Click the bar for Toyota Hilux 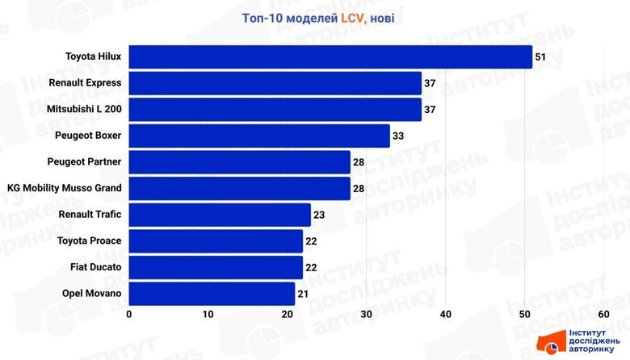(x=330, y=57)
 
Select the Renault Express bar (x=275, y=83)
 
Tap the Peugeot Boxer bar (x=259, y=136)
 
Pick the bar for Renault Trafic (x=220, y=215)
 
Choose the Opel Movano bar (x=212, y=293)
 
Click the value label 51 (x=540, y=57)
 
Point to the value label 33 (x=398, y=136)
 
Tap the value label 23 (x=319, y=216)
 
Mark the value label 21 (x=303, y=294)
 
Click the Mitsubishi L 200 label (x=85, y=109)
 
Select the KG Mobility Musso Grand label (x=64, y=188)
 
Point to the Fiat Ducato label (x=95, y=267)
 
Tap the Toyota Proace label (x=90, y=241)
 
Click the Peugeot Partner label (x=84, y=161)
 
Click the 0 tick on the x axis (x=129, y=313)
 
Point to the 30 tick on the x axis (x=367, y=313)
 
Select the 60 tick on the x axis (x=603, y=313)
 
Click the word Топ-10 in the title (x=261, y=18)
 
